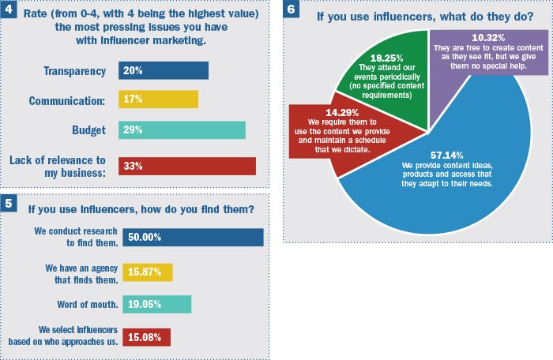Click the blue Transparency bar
(163, 71)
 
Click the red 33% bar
(186, 166)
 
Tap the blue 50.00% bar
(190, 238)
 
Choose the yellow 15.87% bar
(145, 272)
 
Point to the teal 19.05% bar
(154, 305)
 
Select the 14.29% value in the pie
(326, 112)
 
